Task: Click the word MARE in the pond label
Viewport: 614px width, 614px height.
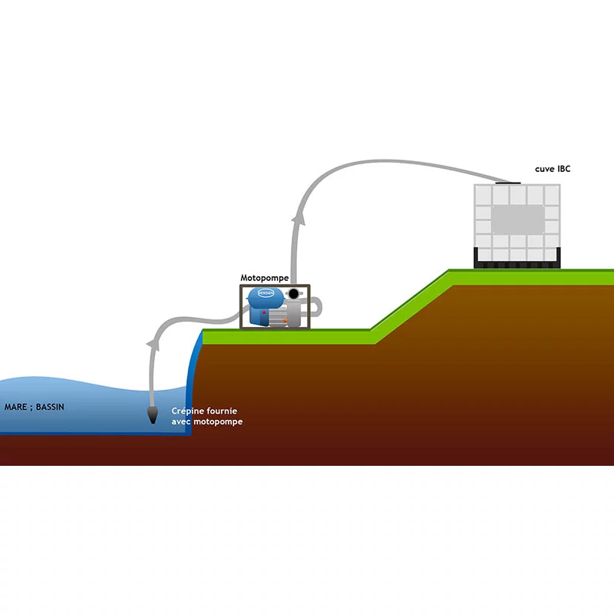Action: pos(16,407)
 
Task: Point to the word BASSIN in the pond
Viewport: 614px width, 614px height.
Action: pos(49,407)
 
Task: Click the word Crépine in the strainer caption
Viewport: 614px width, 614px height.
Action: pos(188,411)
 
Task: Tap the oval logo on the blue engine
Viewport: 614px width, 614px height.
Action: pos(266,293)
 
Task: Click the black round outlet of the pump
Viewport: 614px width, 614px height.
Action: pos(294,295)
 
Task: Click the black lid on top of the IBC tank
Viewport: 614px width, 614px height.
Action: pos(508,183)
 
